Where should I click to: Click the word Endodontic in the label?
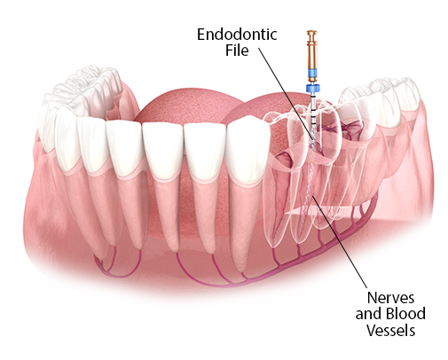[x=237, y=35]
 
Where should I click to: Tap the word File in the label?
[x=237, y=50]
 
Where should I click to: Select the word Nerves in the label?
[x=390, y=298]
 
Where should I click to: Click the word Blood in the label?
[x=406, y=313]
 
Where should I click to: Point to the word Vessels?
[x=391, y=330]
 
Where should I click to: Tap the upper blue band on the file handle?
[x=312, y=73]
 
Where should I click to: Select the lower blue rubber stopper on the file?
[x=313, y=89]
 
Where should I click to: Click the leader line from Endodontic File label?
[x=287, y=94]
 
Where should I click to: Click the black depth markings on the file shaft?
[x=313, y=115]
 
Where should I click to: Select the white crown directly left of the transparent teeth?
[x=247, y=149]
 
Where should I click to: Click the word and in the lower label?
[x=369, y=314]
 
